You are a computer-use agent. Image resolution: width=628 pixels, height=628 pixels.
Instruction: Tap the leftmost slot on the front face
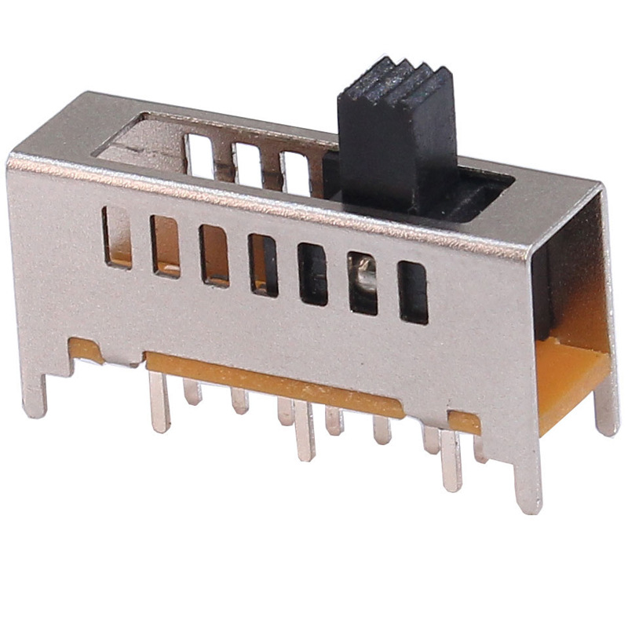[118, 237]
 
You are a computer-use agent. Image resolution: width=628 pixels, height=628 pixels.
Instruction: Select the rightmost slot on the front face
[413, 292]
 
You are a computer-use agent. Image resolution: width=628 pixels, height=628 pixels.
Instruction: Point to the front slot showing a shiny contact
[363, 283]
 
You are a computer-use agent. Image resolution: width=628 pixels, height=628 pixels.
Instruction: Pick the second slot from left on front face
[166, 246]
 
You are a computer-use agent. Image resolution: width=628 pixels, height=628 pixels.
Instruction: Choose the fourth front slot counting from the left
[263, 265]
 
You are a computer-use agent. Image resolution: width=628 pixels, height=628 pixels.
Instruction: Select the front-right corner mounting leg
[528, 479]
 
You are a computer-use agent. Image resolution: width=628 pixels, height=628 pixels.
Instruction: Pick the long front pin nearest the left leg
[159, 402]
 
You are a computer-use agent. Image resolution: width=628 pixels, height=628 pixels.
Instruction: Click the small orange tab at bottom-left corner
[86, 350]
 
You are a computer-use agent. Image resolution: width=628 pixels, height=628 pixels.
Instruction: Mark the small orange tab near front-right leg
[465, 422]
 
